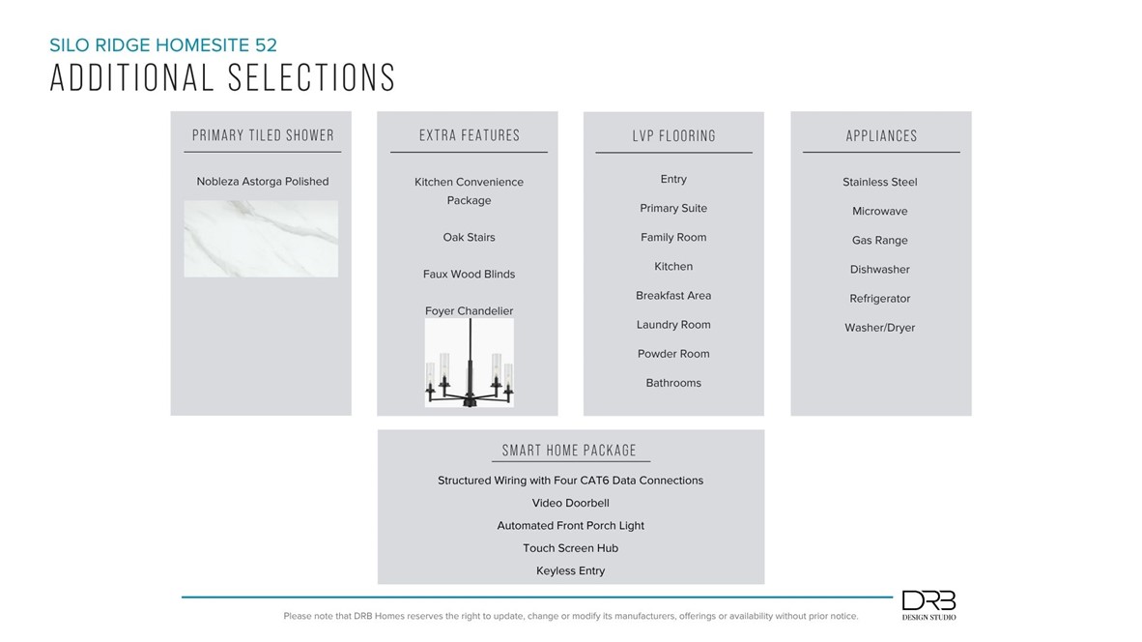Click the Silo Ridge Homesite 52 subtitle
pos(163,44)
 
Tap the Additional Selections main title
pos(222,78)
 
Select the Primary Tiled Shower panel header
pos(263,135)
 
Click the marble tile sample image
pos(261,239)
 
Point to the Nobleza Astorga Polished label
pos(263,182)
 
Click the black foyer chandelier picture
pos(470,364)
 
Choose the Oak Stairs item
pos(469,238)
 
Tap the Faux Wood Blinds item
pos(469,275)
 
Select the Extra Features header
pos(470,136)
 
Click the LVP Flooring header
pos(674,136)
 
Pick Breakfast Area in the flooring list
pos(673,296)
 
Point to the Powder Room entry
pos(673,354)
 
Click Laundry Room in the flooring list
pos(673,325)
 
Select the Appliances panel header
pos(881,136)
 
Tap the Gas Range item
pos(879,241)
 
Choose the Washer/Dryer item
pos(879,328)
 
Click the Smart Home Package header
pos(569,451)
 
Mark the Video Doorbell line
pos(570,504)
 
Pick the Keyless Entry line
pos(570,571)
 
